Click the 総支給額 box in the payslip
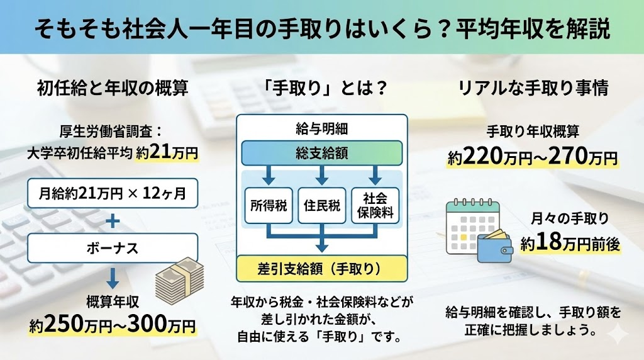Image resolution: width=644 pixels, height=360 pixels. [321, 153]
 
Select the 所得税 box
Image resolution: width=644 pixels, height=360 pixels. [268, 205]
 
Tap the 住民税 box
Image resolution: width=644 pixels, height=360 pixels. [321, 205]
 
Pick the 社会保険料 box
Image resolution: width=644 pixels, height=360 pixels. [375, 205]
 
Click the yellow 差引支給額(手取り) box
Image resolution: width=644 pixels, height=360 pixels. [321, 269]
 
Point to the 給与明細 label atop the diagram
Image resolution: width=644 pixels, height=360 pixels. [321, 130]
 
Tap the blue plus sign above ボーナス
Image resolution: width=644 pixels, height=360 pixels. [113, 220]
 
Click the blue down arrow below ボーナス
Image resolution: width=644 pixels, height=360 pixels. [113, 278]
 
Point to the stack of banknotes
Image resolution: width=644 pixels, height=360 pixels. [178, 279]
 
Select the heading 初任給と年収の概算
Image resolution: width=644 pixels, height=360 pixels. [113, 89]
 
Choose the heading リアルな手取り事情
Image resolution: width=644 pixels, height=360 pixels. [533, 89]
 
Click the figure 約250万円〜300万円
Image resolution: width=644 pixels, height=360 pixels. [113, 326]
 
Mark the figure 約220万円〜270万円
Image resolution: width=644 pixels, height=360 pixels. [533, 157]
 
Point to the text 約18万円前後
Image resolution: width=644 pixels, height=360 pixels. [570, 244]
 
